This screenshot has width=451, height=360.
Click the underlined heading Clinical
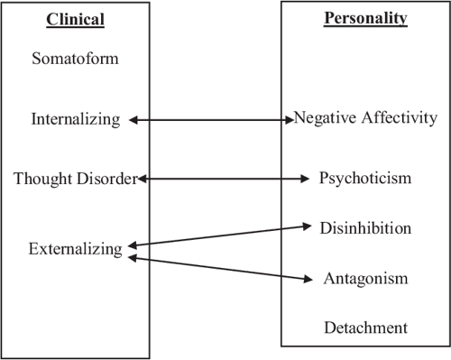pyautogui.click(x=74, y=18)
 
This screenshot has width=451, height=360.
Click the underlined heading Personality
pyautogui.click(x=365, y=17)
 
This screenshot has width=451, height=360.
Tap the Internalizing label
pyautogui.click(x=75, y=119)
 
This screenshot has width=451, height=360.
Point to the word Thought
pyautogui.click(x=43, y=179)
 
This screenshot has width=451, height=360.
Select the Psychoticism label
pyautogui.click(x=365, y=179)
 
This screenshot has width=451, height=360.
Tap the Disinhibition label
pyautogui.click(x=365, y=228)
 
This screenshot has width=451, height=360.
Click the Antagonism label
pyautogui.click(x=366, y=278)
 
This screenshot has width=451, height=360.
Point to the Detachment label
pyautogui.click(x=366, y=328)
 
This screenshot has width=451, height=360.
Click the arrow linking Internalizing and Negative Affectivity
pyautogui.click(x=213, y=119)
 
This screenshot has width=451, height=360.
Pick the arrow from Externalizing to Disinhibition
pyautogui.click(x=221, y=235)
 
